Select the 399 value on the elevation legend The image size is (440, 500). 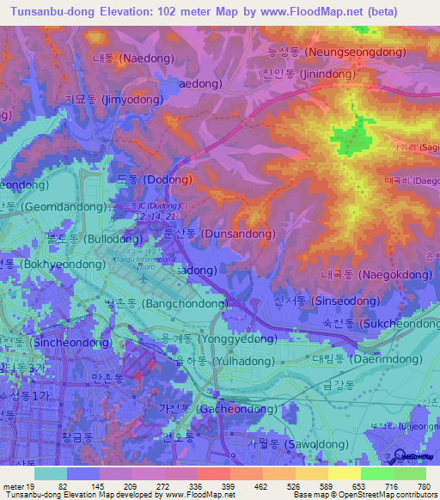[x=229, y=485]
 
